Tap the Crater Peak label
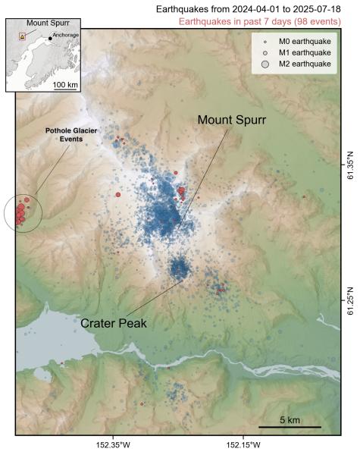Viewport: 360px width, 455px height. click(114, 322)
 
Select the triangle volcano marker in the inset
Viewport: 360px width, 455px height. click(23, 36)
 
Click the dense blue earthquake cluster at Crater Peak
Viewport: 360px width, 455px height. click(180, 268)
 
